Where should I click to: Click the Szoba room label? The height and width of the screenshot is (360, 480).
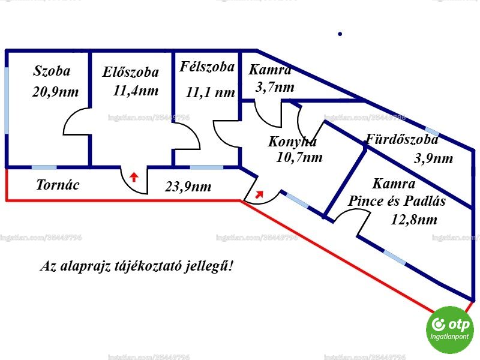(x=52, y=71)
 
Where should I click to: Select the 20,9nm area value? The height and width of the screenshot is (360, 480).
(x=55, y=92)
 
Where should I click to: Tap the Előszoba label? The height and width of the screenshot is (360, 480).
(x=131, y=72)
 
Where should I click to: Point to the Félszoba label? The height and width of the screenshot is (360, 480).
(x=207, y=67)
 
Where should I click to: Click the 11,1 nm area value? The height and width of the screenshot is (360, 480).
(x=211, y=92)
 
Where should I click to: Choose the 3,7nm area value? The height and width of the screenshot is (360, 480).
(x=275, y=87)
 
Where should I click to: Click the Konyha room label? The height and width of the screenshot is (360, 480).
(x=292, y=142)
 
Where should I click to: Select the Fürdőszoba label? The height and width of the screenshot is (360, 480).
(x=402, y=139)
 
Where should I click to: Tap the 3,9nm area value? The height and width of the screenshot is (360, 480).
(x=433, y=158)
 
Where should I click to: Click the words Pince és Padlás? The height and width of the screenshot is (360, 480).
(x=397, y=201)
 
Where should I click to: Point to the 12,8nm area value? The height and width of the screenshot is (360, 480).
(x=414, y=220)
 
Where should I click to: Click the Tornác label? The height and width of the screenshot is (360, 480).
(x=58, y=185)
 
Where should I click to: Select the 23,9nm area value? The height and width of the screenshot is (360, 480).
(x=188, y=187)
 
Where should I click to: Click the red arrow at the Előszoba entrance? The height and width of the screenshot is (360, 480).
(x=133, y=177)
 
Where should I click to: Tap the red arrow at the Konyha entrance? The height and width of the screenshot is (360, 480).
(x=259, y=194)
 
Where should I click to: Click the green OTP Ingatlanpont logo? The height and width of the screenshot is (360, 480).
(x=449, y=329)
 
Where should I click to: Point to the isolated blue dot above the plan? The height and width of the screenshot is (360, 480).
(x=340, y=34)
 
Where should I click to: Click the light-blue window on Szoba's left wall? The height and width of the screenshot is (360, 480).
(x=7, y=100)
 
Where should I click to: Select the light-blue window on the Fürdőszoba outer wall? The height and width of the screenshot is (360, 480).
(x=432, y=131)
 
